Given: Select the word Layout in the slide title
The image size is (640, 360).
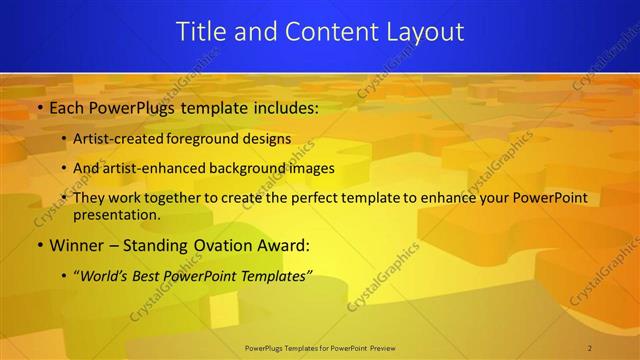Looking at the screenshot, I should pos(426,32).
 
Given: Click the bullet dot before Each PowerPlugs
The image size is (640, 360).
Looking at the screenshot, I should pos(39,107).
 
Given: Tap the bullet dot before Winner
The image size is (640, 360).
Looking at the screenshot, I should pos(39,245).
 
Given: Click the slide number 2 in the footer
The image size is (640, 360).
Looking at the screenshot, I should pos(590,347).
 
